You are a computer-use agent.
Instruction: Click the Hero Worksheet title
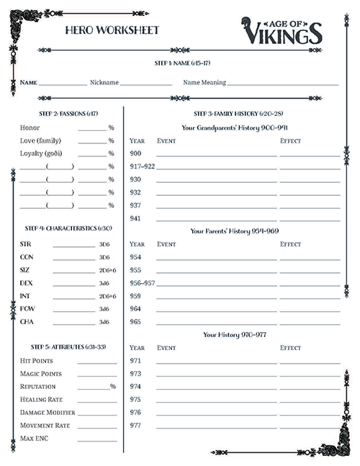tap(112, 30)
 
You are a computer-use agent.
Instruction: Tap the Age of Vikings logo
tap(282, 30)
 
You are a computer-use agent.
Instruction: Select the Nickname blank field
tap(145, 84)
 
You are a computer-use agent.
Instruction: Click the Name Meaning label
tap(204, 83)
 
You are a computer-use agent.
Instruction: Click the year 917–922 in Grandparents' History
tap(142, 166)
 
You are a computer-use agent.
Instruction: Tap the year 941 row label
tap(135, 218)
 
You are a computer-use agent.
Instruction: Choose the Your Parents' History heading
tap(234, 231)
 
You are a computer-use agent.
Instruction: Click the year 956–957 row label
tap(142, 283)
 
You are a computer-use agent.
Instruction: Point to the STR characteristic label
tap(26, 244)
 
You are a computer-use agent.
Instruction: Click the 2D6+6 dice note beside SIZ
tap(107, 270)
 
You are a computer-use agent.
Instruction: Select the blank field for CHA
tap(73, 323)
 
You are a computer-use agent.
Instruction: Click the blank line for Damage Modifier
tap(96, 413)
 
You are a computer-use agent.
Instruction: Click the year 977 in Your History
tap(135, 425)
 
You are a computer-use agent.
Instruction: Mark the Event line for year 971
tap(216, 362)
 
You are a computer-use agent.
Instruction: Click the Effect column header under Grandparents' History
tap(290, 140)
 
